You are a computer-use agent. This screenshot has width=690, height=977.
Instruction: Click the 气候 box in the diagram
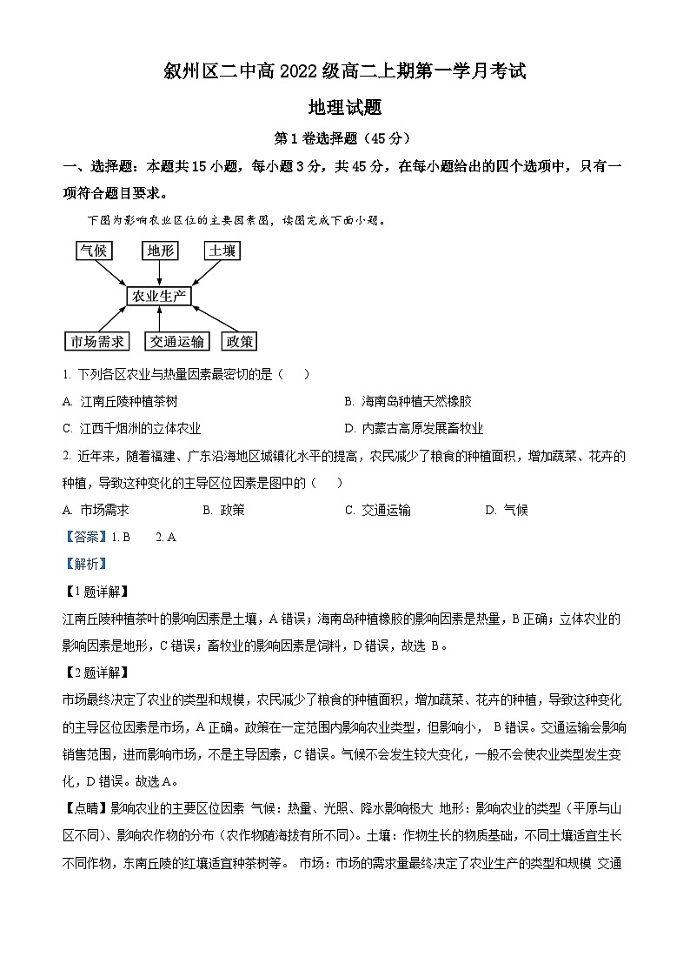[x=93, y=251]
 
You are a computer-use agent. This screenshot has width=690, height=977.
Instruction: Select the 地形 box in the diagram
[x=160, y=251]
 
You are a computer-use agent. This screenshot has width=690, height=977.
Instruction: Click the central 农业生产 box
[x=158, y=296]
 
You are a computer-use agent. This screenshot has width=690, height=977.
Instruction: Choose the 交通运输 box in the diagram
[x=176, y=341]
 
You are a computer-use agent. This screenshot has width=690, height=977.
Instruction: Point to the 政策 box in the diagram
[x=239, y=341]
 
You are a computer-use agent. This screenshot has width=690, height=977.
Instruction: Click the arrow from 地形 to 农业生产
[x=159, y=272]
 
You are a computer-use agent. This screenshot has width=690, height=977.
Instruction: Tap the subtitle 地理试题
[x=345, y=109]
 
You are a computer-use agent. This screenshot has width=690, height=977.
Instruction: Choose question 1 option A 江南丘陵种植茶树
[x=121, y=401]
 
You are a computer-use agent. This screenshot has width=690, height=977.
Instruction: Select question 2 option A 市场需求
[x=96, y=510]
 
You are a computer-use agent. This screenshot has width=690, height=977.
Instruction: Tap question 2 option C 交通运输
[x=377, y=510]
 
